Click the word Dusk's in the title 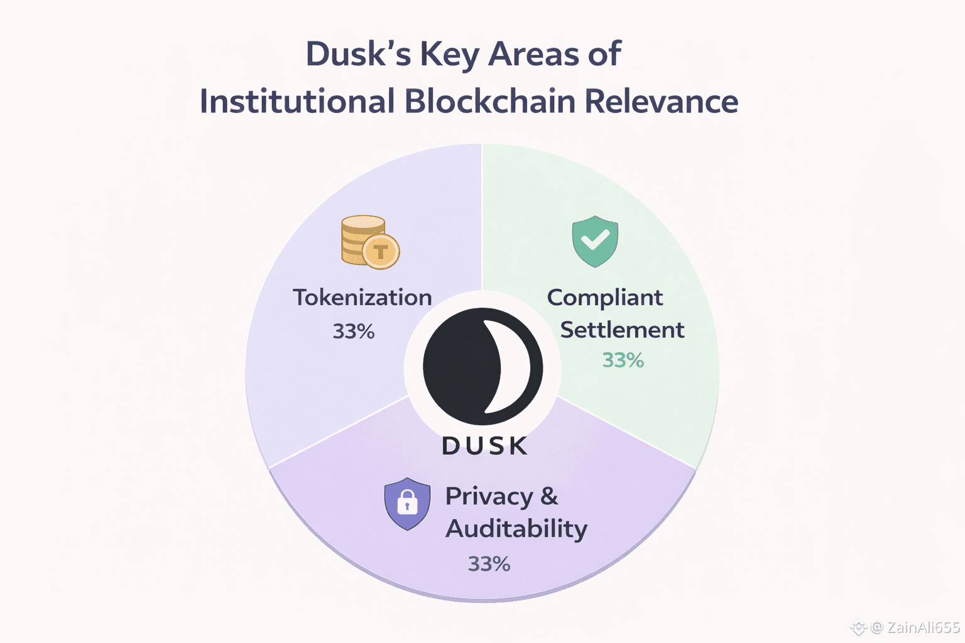pyautogui.click(x=358, y=54)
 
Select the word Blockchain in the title pyautogui.click(x=489, y=102)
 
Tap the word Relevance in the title pyautogui.click(x=661, y=102)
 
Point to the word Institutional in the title pyautogui.click(x=297, y=102)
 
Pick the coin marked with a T pyautogui.click(x=381, y=252)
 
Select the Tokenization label pyautogui.click(x=363, y=298)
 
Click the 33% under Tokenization pyautogui.click(x=354, y=332)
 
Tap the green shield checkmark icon pyautogui.click(x=595, y=240)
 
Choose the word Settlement pyautogui.click(x=622, y=330)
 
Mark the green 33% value pyautogui.click(x=623, y=360)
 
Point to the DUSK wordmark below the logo pyautogui.click(x=484, y=446)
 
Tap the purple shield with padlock pyautogui.click(x=407, y=504)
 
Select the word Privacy pyautogui.click(x=489, y=497)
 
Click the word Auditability pyautogui.click(x=516, y=529)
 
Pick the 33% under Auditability pyautogui.click(x=489, y=564)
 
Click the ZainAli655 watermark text pyautogui.click(x=923, y=627)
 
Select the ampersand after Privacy pyautogui.click(x=549, y=496)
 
